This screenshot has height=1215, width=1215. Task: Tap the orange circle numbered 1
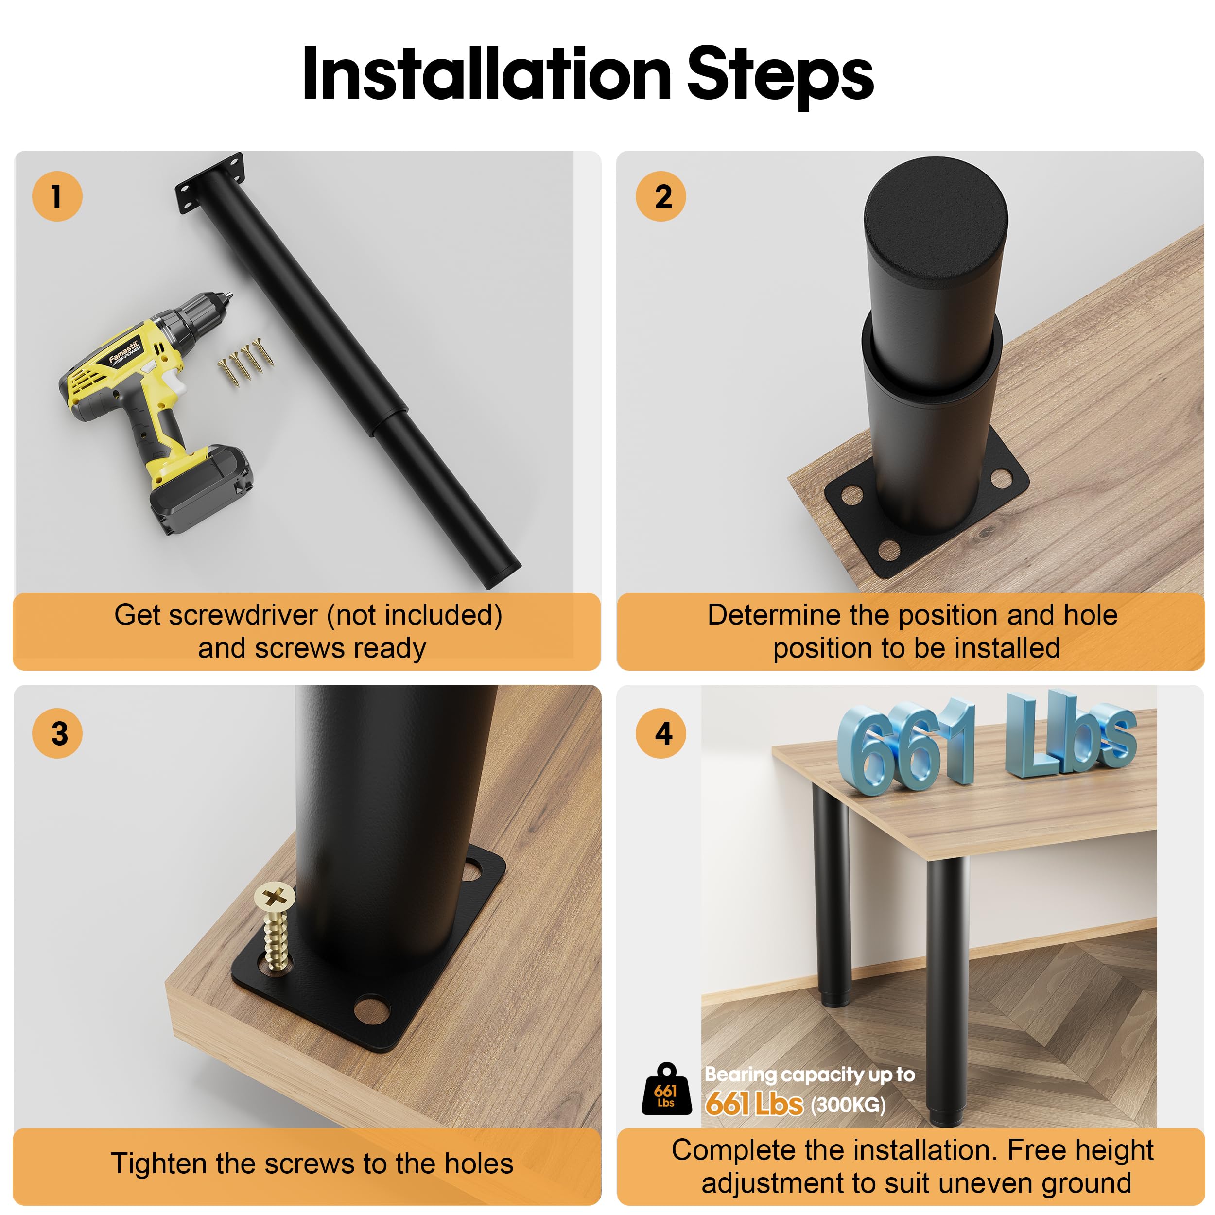pyautogui.click(x=57, y=196)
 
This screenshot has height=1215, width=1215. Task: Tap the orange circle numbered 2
pyautogui.click(x=660, y=196)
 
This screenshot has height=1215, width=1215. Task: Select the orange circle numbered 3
pyautogui.click(x=57, y=733)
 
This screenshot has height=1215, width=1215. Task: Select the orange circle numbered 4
pyautogui.click(x=660, y=733)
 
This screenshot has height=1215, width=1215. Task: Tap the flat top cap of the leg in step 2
pyautogui.click(x=936, y=221)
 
